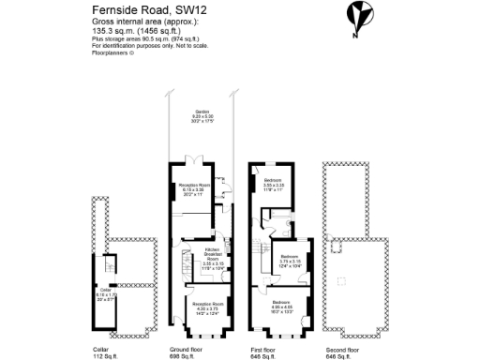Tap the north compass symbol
pos(356,16)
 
